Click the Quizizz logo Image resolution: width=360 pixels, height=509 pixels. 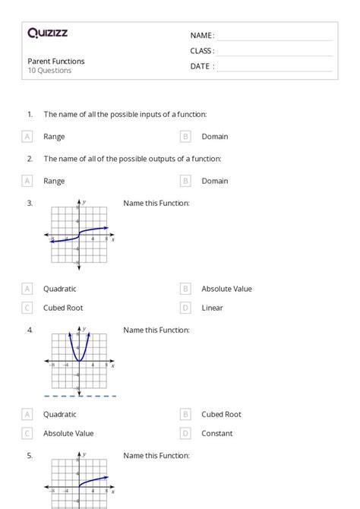[x=47, y=33]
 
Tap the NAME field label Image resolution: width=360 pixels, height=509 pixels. [x=202, y=36]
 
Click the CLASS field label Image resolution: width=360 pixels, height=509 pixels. [x=202, y=51]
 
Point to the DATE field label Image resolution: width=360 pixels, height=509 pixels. [x=202, y=66]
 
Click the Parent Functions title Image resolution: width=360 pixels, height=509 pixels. [x=56, y=61]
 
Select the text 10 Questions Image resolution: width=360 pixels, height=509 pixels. [x=49, y=71]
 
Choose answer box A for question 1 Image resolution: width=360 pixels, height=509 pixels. [x=27, y=137]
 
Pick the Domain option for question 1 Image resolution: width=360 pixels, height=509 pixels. [x=214, y=137]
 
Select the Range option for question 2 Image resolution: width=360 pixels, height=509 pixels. [x=54, y=181]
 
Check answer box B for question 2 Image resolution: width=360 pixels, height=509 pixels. [x=185, y=181]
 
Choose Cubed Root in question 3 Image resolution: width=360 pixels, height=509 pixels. [x=63, y=308]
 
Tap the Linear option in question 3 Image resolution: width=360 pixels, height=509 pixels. [x=212, y=308]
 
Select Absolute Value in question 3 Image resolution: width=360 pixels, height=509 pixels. [x=226, y=289]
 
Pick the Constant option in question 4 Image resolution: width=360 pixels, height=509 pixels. [x=217, y=434]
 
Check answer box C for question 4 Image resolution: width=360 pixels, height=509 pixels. [x=27, y=434]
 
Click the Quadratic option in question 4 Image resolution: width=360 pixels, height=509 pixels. [x=59, y=415]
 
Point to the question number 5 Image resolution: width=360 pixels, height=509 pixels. [x=30, y=456]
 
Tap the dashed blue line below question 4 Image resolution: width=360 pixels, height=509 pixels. [x=80, y=396]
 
